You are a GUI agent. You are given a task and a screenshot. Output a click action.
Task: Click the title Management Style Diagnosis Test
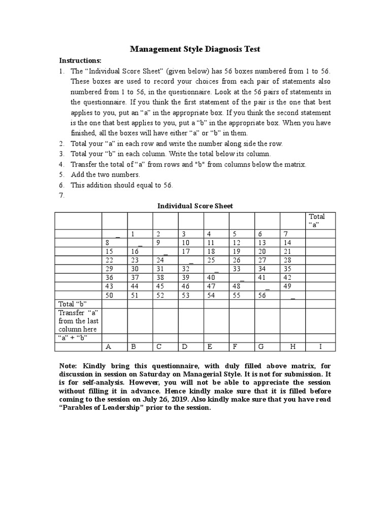click(195, 49)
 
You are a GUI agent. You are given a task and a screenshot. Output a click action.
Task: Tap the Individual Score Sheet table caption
click(195, 206)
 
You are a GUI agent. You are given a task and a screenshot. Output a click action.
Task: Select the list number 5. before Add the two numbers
click(61, 175)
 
